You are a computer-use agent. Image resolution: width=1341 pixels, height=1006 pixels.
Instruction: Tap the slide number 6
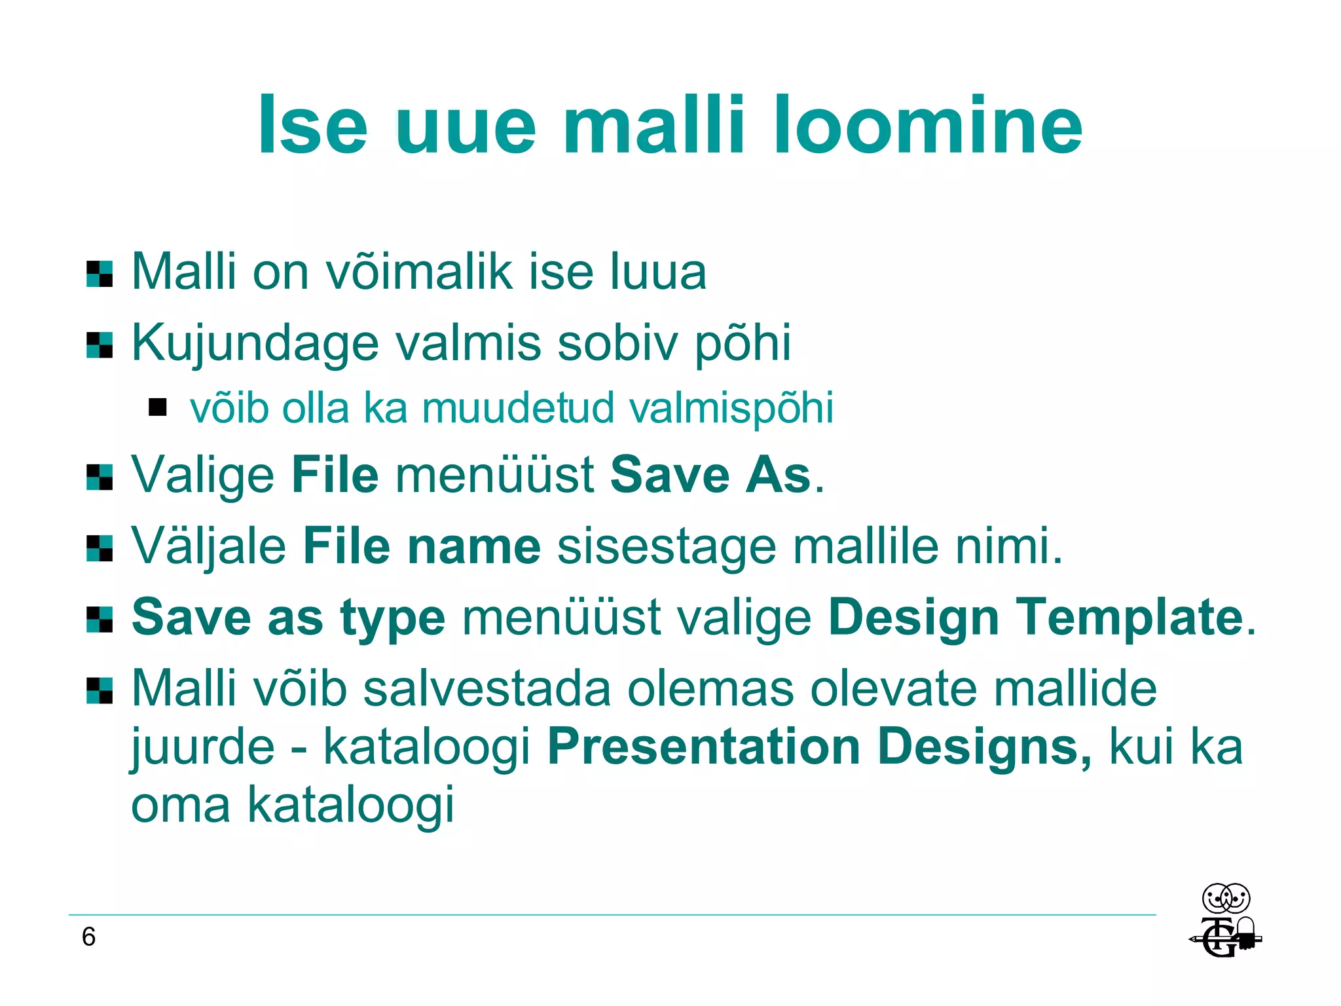pos(88,937)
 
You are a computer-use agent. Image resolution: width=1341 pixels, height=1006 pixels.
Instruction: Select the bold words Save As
pos(710,474)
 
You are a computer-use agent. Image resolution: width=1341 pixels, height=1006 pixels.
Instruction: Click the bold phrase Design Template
pos(1035,617)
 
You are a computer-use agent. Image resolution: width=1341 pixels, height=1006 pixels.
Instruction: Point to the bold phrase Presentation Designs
pos(819,747)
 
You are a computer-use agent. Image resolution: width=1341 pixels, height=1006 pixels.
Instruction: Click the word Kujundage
pos(255,343)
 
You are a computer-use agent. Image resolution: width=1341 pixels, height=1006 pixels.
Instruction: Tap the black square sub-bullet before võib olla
pos(158,407)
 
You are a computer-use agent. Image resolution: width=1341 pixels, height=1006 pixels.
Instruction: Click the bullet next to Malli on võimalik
pos(100,274)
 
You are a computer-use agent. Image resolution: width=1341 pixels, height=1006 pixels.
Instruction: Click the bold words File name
pos(422,546)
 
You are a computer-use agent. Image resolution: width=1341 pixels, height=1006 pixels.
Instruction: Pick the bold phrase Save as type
pos(288,618)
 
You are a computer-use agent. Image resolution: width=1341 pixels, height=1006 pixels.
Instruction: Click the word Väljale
pos(209,546)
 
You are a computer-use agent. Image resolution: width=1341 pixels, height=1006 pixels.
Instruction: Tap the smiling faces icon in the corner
pos(1226,898)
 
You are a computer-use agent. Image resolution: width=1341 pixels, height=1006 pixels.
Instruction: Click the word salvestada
pos(487,689)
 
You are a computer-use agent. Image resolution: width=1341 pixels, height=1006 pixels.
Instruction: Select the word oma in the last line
pos(181,805)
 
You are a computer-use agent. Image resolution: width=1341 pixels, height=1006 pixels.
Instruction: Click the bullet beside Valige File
pos(100,477)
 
